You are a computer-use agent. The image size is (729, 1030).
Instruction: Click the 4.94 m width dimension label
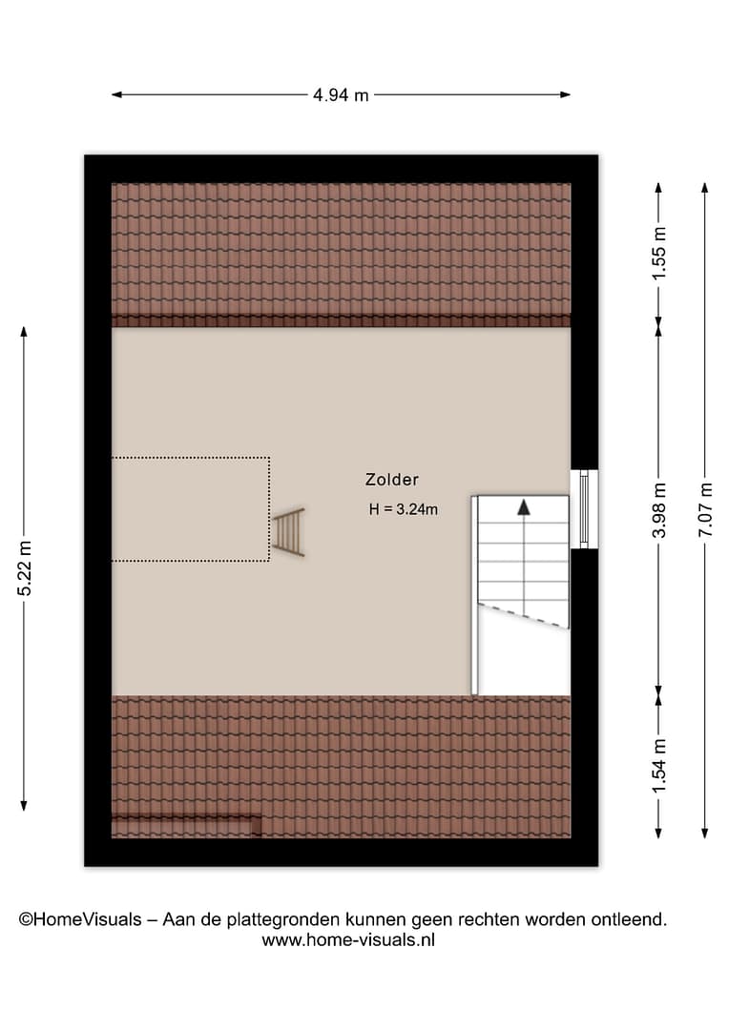click(x=341, y=95)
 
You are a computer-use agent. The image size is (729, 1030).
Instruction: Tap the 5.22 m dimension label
click(x=24, y=568)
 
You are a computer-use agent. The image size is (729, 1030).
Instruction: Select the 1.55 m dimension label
click(x=659, y=254)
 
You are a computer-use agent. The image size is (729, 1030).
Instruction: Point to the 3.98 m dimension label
click(x=659, y=510)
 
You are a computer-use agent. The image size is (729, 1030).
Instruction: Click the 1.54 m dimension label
click(x=659, y=765)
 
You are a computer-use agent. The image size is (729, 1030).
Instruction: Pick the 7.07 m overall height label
click(x=705, y=510)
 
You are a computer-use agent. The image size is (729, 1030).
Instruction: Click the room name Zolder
click(x=392, y=480)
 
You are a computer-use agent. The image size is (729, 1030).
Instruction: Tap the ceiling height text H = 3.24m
click(x=403, y=509)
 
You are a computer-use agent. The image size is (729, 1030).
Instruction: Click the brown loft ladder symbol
click(x=288, y=532)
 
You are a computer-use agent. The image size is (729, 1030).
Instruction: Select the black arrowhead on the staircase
click(x=523, y=506)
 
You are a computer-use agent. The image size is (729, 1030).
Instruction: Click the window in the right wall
click(x=584, y=509)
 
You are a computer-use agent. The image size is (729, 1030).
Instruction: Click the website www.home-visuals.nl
click(x=348, y=940)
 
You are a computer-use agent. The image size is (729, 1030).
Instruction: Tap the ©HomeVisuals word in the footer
click(x=80, y=919)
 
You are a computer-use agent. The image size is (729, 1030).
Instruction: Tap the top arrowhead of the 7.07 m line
click(x=705, y=188)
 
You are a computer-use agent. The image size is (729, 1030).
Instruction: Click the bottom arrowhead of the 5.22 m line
click(x=24, y=806)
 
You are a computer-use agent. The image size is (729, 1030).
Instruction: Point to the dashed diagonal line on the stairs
click(x=523, y=615)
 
